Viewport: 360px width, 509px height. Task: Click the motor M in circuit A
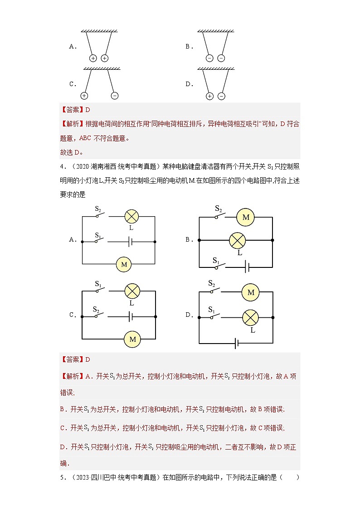(x=124, y=264)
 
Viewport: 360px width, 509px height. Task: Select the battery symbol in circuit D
(x=237, y=343)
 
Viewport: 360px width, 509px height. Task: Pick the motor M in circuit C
(x=132, y=339)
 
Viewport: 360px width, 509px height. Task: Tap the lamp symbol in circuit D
(x=250, y=317)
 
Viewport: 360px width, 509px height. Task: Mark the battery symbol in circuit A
(x=131, y=242)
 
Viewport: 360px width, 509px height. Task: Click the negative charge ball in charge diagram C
(x=114, y=96)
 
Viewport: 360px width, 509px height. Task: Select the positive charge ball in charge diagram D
(x=209, y=96)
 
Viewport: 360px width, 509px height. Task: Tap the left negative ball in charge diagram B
(x=209, y=58)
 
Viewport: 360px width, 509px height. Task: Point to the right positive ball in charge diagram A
(x=105, y=58)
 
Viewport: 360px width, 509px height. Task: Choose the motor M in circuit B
(x=246, y=217)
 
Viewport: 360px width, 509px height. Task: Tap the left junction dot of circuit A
(x=82, y=242)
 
